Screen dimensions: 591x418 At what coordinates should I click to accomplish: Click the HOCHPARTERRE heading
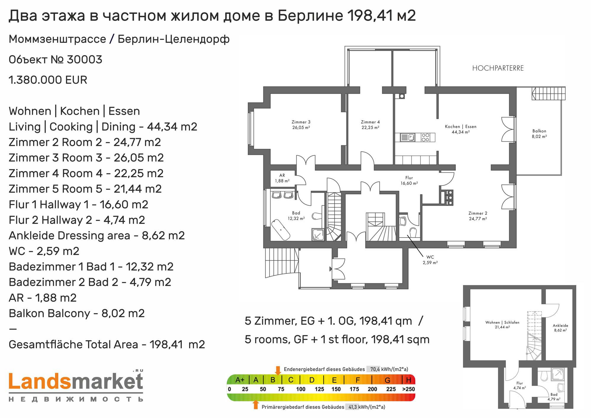pyautogui.click(x=498, y=68)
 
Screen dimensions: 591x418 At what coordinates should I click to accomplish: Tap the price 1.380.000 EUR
pyautogui.click(x=48, y=80)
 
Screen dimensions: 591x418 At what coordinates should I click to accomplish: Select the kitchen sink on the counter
pyautogui.click(x=407, y=137)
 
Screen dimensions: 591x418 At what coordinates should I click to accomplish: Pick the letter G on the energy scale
pyautogui.click(x=387, y=380)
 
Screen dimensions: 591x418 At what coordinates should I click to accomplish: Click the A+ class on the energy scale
pyautogui.click(x=240, y=380)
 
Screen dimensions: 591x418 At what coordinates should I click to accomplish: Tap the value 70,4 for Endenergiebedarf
pyautogui.click(x=375, y=369)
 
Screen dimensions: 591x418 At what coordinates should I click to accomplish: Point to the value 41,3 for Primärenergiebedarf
pyautogui.click(x=353, y=407)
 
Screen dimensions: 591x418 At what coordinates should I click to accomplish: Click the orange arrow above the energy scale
pyautogui.click(x=278, y=370)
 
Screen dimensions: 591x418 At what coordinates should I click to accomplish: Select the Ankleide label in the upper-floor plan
pyautogui.click(x=560, y=326)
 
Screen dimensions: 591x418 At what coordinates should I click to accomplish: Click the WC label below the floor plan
pyautogui.click(x=430, y=257)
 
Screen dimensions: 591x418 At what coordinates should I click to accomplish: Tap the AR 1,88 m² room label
pyautogui.click(x=282, y=178)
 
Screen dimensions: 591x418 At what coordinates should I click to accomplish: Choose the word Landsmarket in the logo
pyautogui.click(x=76, y=381)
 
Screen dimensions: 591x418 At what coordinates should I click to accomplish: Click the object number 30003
pyautogui.click(x=85, y=60)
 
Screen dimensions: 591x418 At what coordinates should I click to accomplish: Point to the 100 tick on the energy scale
pyautogui.click(x=301, y=389)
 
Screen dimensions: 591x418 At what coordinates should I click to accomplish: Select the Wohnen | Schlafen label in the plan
pyautogui.click(x=502, y=322)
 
